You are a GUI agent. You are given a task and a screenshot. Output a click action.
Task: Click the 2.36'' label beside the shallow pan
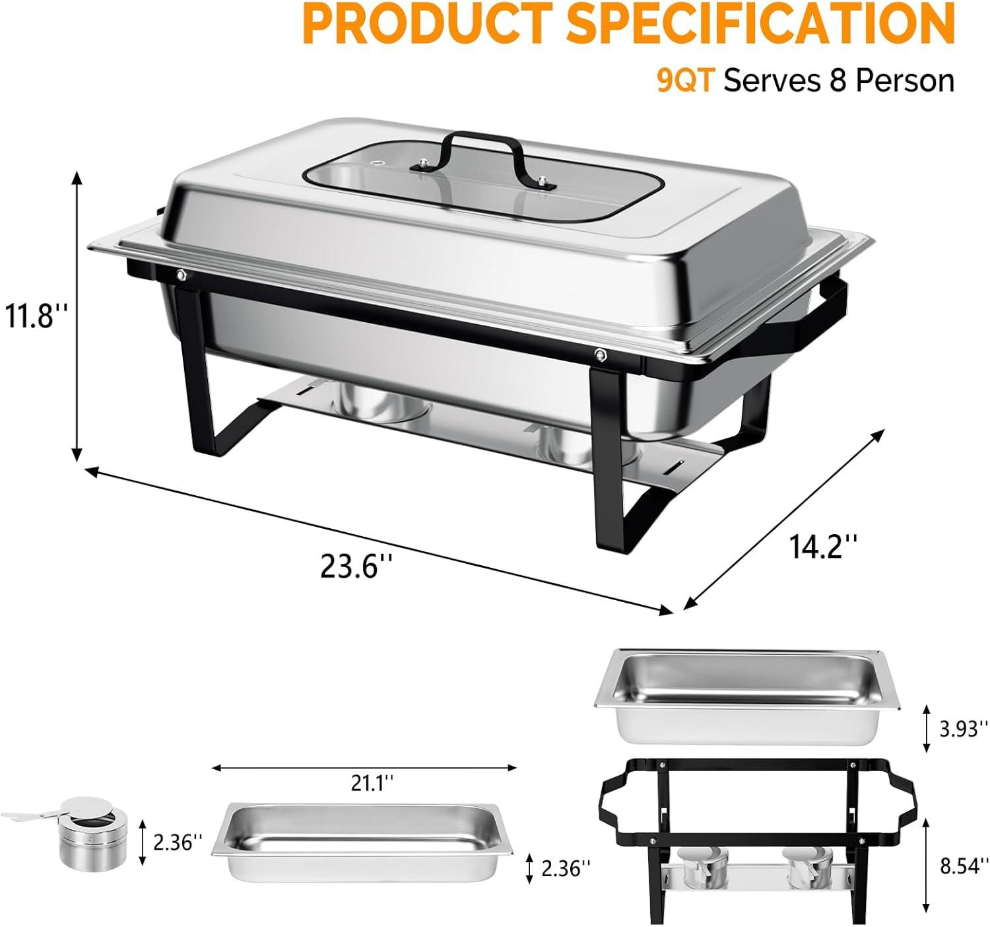point(566,869)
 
